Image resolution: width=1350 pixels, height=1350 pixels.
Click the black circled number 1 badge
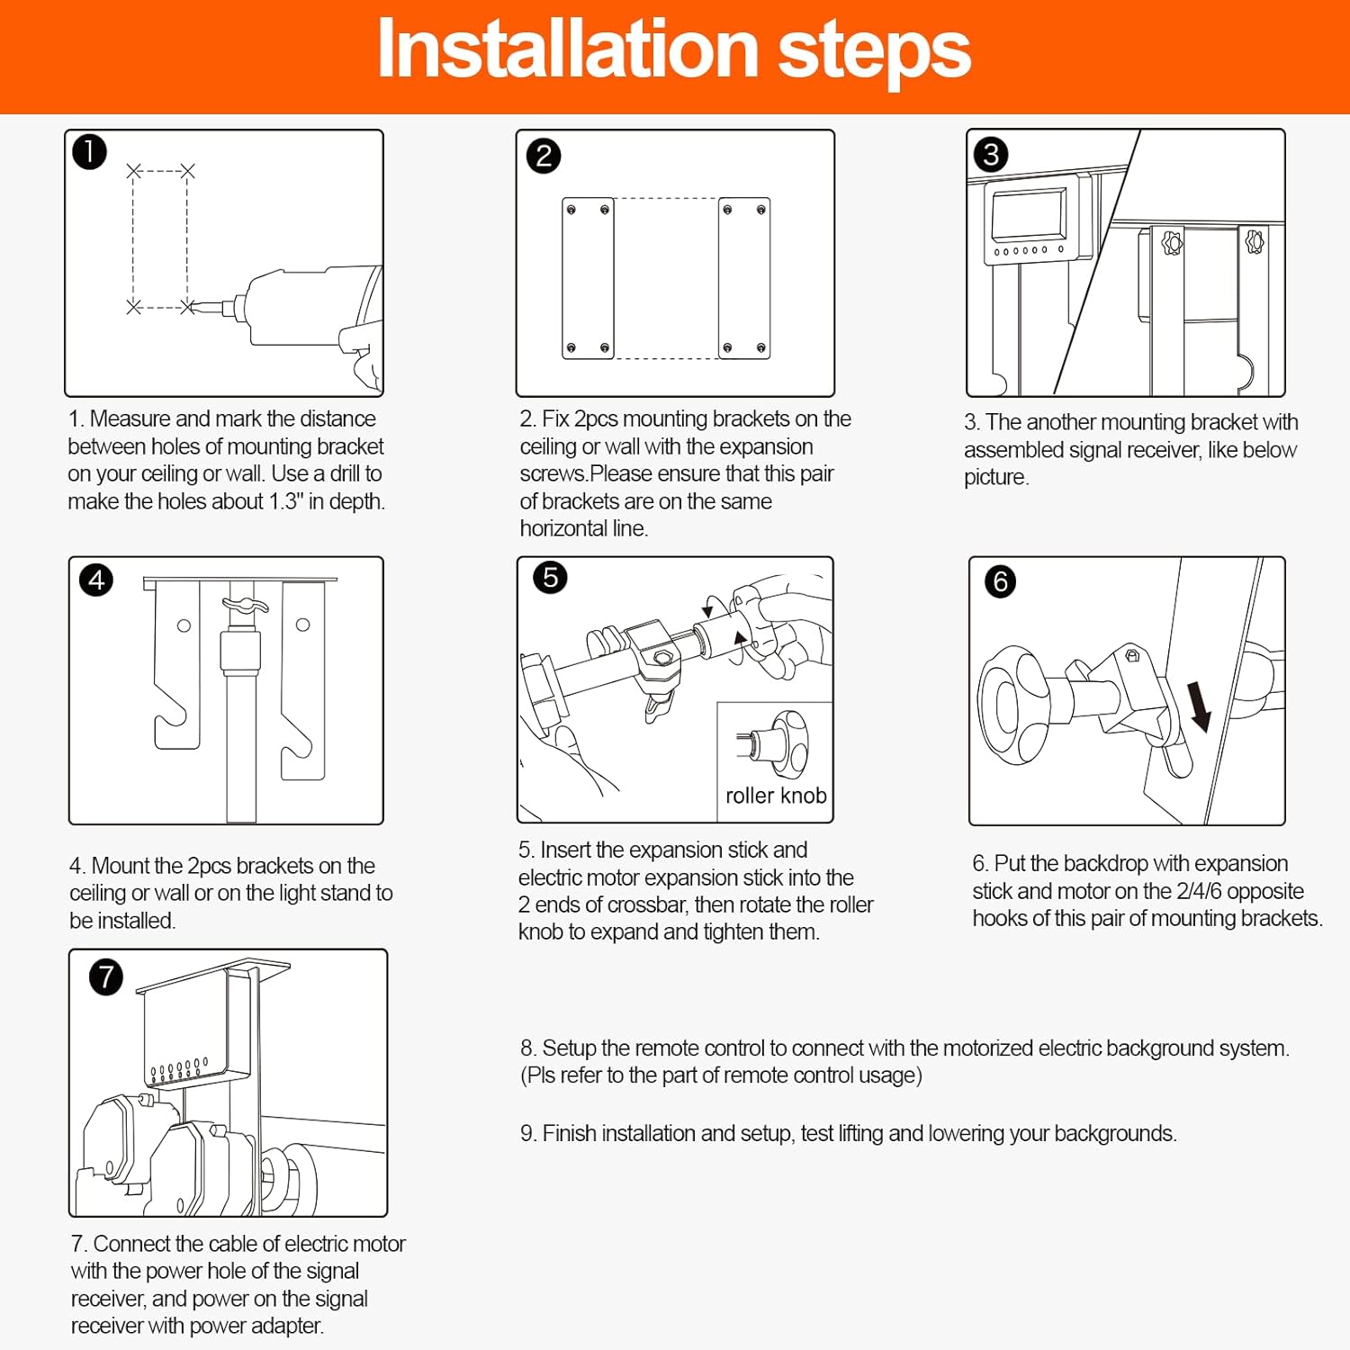pos(89,152)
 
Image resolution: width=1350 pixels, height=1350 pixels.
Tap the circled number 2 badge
pos(544,156)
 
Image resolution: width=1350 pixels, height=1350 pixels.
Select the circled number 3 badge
pos(991,155)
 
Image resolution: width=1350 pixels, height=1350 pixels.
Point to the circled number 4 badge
pos(97,580)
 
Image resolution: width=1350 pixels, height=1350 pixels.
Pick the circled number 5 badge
pos(551,577)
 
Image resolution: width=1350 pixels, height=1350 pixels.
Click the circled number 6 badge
pos(1000,581)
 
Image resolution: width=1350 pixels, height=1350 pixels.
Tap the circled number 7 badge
pos(106,976)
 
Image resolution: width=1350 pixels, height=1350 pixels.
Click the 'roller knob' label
pos(776,796)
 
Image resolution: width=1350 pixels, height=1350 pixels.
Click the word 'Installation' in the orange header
pos(568,49)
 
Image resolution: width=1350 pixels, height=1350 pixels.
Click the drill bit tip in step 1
pos(191,308)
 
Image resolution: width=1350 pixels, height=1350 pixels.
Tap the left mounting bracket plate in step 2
pos(588,278)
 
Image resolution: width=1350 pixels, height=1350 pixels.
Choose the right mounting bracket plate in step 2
pos(744,278)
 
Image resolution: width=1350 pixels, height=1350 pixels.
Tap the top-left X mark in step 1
pos(134,171)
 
